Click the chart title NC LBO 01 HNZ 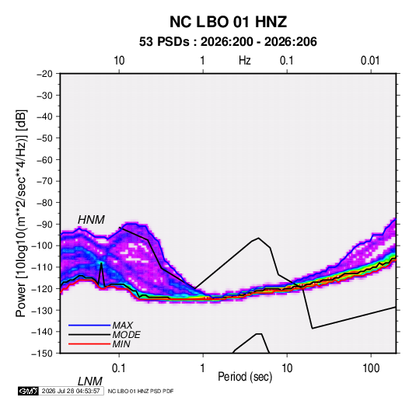(228, 22)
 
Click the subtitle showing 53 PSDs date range (228, 42)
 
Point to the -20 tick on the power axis (44, 74)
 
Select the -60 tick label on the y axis (44, 159)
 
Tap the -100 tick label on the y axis (43, 246)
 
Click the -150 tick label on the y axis (43, 354)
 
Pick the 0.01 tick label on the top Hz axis (370, 61)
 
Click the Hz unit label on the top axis (244, 61)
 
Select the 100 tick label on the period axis (370, 368)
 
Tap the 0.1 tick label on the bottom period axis (119, 368)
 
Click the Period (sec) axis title (245, 377)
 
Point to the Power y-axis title (21, 214)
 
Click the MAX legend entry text (123, 326)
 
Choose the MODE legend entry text (126, 335)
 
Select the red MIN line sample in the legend (89, 344)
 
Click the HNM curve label (91, 220)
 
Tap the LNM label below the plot (90, 381)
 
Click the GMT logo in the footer (28, 391)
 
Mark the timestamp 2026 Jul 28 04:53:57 (71, 391)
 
